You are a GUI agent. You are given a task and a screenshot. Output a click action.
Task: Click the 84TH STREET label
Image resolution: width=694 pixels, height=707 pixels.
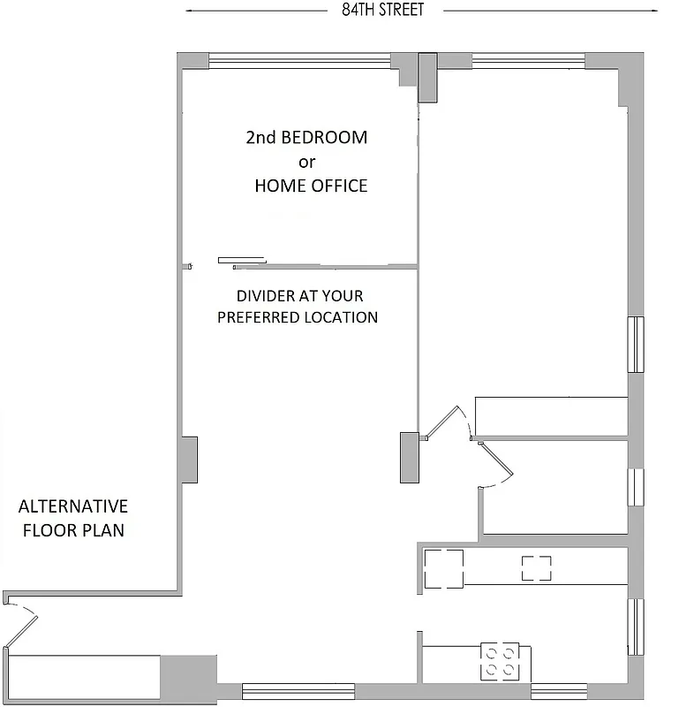click(382, 11)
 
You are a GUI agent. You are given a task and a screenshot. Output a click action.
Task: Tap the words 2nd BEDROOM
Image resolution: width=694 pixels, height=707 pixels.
click(306, 138)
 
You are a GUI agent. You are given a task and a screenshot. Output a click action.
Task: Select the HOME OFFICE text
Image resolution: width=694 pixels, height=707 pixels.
click(311, 186)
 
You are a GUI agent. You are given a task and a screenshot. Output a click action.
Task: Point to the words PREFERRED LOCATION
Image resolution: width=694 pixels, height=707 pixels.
click(298, 317)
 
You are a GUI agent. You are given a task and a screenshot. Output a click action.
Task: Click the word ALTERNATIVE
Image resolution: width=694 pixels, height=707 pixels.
click(73, 506)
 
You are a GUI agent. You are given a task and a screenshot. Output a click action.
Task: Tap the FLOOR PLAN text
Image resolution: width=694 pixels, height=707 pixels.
click(73, 531)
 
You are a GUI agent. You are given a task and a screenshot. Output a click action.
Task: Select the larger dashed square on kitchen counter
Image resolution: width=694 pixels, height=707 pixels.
click(443, 568)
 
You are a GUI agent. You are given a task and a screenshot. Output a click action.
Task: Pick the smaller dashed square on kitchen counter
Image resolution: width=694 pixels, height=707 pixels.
click(536, 567)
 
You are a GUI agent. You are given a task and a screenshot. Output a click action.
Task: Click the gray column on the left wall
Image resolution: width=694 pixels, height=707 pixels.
click(188, 460)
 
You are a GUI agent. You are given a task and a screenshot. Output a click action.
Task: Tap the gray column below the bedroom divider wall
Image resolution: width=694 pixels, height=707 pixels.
click(408, 457)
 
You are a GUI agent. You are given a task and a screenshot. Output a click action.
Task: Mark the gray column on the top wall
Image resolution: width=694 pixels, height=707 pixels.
click(427, 78)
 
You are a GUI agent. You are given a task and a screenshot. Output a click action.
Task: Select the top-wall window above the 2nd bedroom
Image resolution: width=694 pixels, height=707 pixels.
click(299, 61)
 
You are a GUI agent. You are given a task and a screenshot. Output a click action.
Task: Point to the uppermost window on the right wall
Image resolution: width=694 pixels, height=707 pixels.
click(635, 345)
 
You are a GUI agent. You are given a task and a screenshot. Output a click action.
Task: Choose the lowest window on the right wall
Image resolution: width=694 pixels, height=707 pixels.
click(635, 627)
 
